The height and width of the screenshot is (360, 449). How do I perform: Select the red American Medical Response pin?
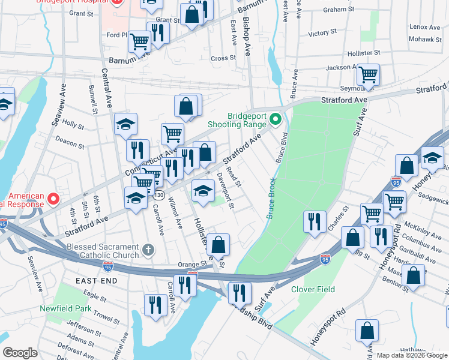(53, 199)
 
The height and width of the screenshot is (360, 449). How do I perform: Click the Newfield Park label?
(65, 308)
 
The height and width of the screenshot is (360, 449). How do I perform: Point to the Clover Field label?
(313, 289)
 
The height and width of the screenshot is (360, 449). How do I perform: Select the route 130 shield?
(158, 196)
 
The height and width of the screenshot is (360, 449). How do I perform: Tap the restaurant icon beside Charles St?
(315, 221)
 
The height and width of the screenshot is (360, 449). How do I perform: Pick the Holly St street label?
(73, 124)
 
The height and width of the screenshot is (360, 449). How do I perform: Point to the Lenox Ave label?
(424, 27)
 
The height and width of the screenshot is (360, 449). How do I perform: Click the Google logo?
(20, 353)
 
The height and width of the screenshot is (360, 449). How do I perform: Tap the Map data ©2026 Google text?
(411, 355)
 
